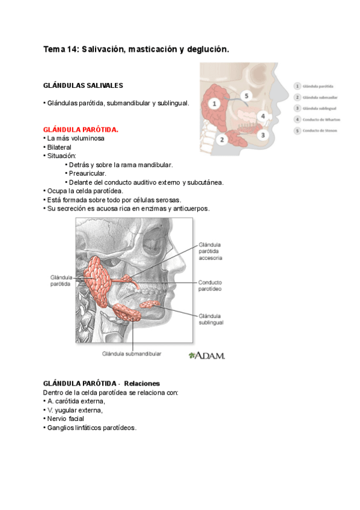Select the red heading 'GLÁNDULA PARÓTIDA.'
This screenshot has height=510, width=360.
click(81, 129)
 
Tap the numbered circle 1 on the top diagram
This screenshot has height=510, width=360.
click(213, 103)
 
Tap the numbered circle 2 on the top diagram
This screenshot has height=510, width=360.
click(221, 140)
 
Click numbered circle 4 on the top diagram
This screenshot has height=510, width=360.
click(262, 116)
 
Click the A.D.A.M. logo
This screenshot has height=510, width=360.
click(206, 355)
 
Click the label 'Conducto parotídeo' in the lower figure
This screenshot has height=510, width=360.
click(211, 285)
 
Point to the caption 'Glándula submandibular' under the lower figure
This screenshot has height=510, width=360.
click(131, 354)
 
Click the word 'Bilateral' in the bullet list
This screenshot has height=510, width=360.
click(59, 147)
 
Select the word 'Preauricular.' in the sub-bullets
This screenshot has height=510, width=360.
click(88, 173)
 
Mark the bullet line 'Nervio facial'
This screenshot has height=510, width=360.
click(66, 419)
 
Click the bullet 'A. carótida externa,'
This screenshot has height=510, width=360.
click(76, 401)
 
